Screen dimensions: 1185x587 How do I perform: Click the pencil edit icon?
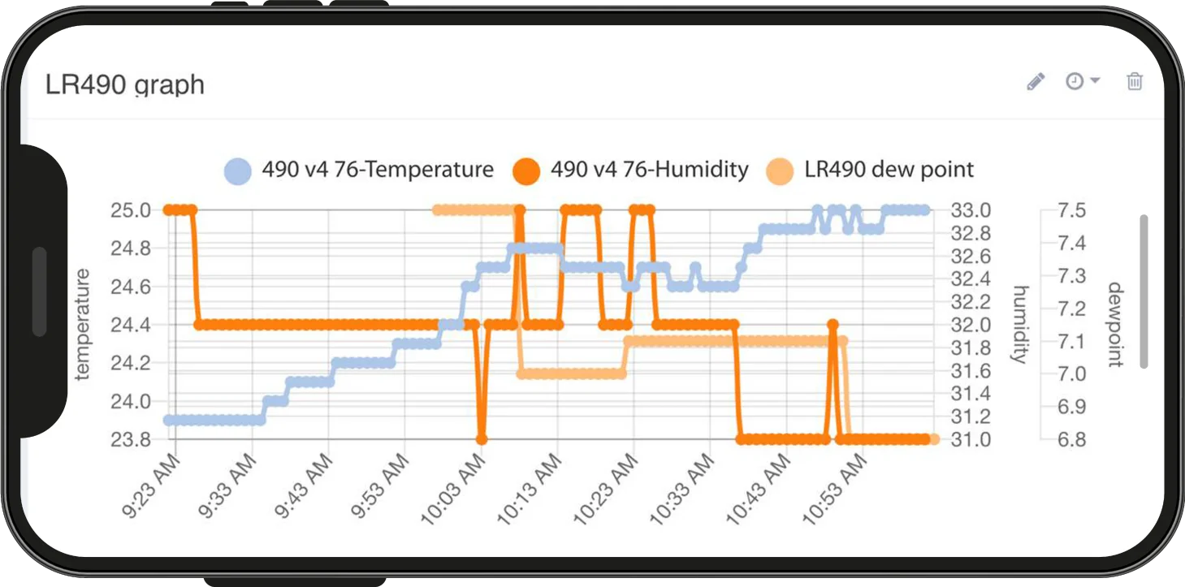click(1036, 82)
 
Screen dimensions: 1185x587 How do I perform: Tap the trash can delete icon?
click(1134, 81)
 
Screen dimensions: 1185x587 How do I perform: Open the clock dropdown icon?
click(1082, 81)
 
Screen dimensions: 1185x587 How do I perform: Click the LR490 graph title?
click(125, 85)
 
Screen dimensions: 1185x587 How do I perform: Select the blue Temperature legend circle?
click(237, 171)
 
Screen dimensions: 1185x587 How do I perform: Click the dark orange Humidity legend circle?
click(526, 171)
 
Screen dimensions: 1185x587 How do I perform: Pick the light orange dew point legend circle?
click(780, 171)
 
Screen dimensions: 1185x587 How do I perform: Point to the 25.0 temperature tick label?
click(131, 210)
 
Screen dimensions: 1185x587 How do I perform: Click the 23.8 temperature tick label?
click(131, 439)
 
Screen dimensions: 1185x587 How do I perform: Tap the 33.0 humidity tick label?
click(971, 210)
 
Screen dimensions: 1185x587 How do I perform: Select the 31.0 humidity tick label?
click(971, 439)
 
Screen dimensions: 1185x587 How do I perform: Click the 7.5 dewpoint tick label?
click(1072, 210)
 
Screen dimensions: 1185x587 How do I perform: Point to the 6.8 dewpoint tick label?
click(1072, 439)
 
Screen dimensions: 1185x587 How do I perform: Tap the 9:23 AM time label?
click(151, 486)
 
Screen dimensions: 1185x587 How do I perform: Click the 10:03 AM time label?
click(453, 489)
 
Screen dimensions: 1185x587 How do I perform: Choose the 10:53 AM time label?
click(835, 489)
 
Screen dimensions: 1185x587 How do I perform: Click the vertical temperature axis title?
click(82, 324)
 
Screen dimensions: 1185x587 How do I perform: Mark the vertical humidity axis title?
click(1021, 324)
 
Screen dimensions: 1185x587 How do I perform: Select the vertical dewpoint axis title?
click(1116, 324)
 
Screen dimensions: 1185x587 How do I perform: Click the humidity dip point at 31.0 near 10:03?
click(482, 439)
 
